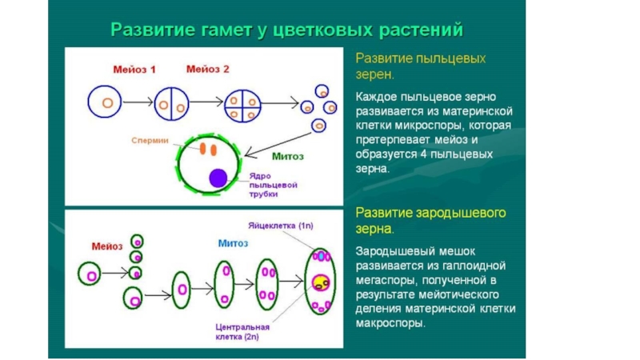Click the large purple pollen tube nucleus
(217, 178)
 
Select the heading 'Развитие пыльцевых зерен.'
(420, 66)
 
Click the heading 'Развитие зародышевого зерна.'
(433, 221)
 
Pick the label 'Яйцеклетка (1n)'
(283, 228)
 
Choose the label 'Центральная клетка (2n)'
(242, 332)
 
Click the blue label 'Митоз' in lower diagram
(233, 243)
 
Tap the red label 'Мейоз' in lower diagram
(107, 246)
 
